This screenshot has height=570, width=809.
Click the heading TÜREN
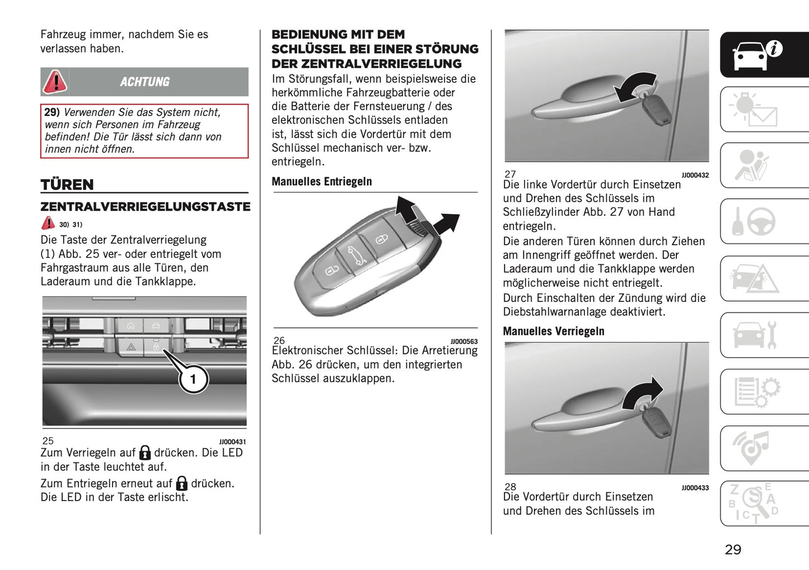pos(67,185)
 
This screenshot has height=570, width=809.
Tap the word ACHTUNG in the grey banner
pos(144,82)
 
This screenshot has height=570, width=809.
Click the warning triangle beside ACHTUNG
pos(55,82)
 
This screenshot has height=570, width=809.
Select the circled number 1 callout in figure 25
pos(193,379)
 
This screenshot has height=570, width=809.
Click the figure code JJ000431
pos(232,442)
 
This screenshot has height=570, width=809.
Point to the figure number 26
pos(279,340)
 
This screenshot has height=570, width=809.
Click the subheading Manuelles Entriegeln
pos(321,181)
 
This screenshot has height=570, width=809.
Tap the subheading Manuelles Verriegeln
pos(553,331)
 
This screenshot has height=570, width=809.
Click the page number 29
pos(733,549)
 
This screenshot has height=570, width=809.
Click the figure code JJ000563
pos(464,342)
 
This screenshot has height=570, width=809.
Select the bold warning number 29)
pos(52,113)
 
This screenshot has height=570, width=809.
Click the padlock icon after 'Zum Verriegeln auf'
pos(145,452)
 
